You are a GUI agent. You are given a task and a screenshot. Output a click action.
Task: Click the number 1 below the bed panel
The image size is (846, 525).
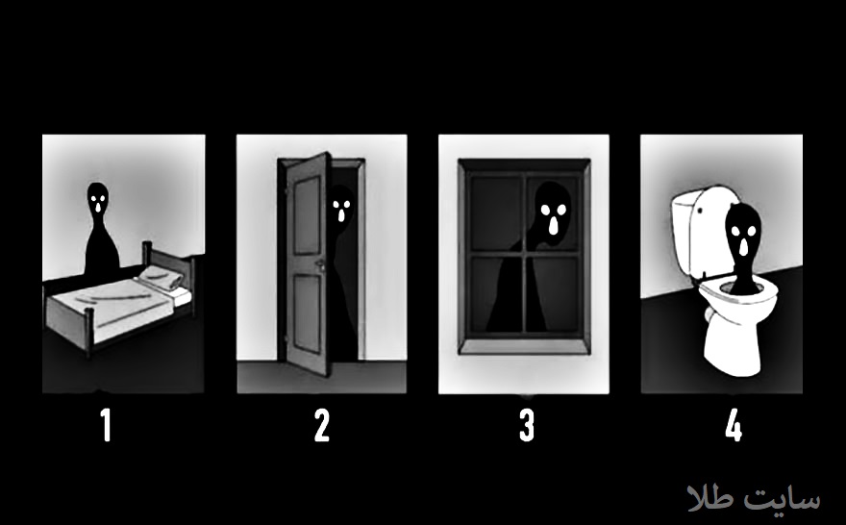pyautogui.click(x=107, y=425)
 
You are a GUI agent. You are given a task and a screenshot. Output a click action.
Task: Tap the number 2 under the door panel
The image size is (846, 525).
pyautogui.click(x=321, y=425)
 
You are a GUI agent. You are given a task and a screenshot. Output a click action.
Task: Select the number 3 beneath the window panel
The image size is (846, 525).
pyautogui.click(x=527, y=425)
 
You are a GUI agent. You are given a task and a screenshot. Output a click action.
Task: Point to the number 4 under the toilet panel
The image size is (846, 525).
pyautogui.click(x=734, y=425)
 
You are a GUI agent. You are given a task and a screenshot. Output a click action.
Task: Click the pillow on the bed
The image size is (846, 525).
pyautogui.click(x=161, y=277)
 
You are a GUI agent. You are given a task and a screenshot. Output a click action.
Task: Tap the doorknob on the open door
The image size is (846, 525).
pyautogui.click(x=320, y=264)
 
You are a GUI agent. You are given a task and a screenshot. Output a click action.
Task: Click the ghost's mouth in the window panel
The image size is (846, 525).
pyautogui.click(x=554, y=226)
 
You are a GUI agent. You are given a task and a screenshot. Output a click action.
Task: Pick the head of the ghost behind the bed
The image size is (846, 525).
pyautogui.click(x=98, y=200)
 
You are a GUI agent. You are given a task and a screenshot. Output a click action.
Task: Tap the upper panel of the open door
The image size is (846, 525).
pyautogui.click(x=307, y=214)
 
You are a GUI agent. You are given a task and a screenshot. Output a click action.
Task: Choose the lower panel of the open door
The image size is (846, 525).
pyautogui.click(x=307, y=314)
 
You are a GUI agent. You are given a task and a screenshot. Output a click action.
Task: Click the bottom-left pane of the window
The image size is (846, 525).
pyautogui.click(x=495, y=294)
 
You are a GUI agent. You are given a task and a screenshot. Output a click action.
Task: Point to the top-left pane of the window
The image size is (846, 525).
pyautogui.click(x=495, y=212)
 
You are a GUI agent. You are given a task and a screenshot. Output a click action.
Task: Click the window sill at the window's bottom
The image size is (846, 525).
pyautogui.click(x=524, y=346)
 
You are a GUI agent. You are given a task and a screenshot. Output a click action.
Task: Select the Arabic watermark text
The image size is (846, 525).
pyautogui.click(x=754, y=498)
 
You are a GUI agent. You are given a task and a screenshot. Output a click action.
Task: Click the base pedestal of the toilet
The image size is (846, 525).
pyautogui.click(x=734, y=341)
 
